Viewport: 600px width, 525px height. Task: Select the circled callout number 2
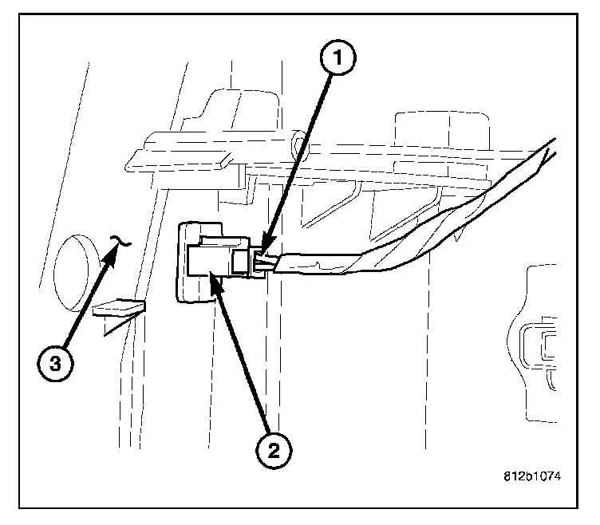click(273, 452)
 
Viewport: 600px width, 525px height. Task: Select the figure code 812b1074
click(532, 477)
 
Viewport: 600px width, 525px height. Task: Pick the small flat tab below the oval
click(118, 308)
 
